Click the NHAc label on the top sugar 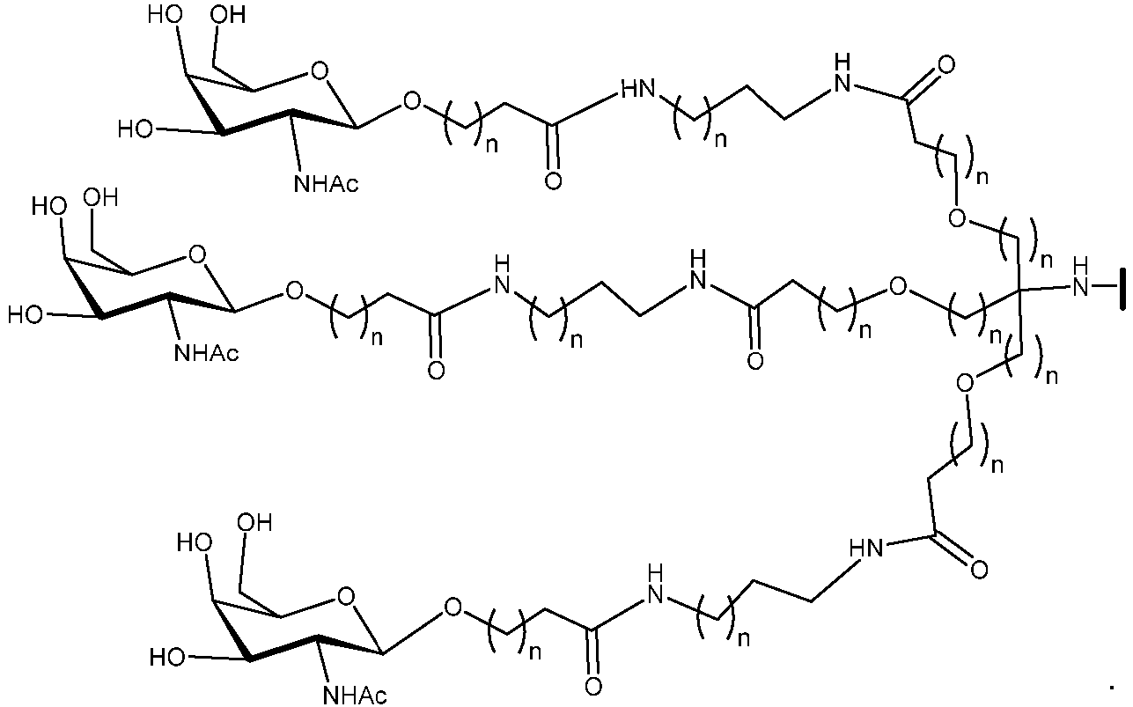[x=327, y=183]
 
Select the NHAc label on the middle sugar [x=206, y=352]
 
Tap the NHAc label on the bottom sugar [x=355, y=696]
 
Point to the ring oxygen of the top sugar [x=320, y=72]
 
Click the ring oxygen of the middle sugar [x=197, y=254]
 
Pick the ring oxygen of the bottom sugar [x=346, y=597]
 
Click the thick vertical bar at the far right [x=1123, y=289]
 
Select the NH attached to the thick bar [x=1081, y=277]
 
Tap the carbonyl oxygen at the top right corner [x=945, y=65]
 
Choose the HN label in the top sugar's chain [x=637, y=90]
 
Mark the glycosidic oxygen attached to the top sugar [x=412, y=101]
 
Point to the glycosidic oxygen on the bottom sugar [x=452, y=608]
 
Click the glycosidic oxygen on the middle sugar [x=294, y=291]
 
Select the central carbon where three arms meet [x=1019, y=290]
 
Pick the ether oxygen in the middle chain [x=898, y=287]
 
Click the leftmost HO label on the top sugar [x=135, y=129]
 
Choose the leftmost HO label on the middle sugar [x=26, y=315]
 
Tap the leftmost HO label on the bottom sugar [x=167, y=658]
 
